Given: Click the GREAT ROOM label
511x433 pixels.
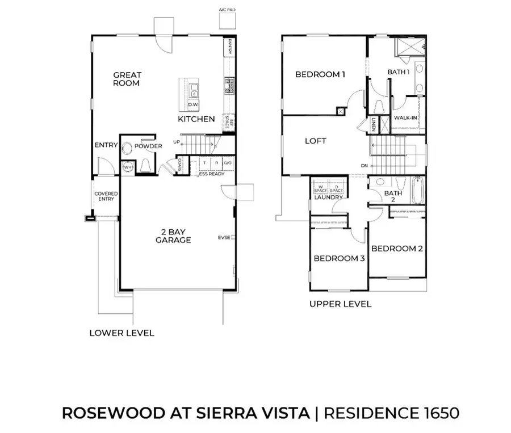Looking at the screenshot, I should point(127,79).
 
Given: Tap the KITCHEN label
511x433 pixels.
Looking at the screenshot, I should point(196,119).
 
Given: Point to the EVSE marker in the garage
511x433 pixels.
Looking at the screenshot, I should point(226,237).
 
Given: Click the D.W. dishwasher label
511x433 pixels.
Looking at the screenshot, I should point(193,105).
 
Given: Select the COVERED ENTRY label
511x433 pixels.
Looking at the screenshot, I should point(106,196).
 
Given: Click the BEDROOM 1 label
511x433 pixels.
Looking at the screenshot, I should point(320,74).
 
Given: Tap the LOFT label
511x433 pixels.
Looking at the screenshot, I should point(315,141).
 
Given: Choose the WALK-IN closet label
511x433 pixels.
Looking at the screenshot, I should point(407,118).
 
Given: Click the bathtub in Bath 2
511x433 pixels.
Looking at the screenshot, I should point(417,192).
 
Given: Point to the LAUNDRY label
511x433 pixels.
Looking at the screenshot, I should point(328,197).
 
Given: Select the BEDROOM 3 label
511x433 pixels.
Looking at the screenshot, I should point(339,258).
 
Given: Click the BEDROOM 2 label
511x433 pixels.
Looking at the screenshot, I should point(397,249).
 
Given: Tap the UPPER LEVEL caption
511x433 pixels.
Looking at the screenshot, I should point(340,304).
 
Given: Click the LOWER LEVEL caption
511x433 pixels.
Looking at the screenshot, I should point(122,333).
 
